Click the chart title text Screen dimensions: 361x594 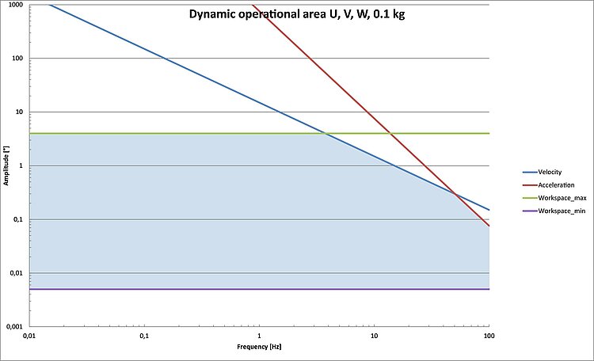(x=297, y=14)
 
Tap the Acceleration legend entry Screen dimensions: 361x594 (x=553, y=184)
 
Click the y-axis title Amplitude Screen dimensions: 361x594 (x=6, y=169)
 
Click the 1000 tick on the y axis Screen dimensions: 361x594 (x=13, y=5)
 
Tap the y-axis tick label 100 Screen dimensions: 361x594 (x=16, y=59)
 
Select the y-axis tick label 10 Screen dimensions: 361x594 (x=17, y=112)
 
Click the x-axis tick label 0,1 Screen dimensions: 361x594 (x=144, y=336)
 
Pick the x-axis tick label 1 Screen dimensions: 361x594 (x=259, y=336)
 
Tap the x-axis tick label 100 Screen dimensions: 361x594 (x=489, y=336)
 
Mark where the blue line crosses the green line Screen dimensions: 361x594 (x=325, y=134)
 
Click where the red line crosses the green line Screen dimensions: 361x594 (x=390, y=134)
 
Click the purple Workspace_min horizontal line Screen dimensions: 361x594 (x=238, y=289)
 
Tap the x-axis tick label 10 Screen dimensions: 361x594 (x=374, y=336)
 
